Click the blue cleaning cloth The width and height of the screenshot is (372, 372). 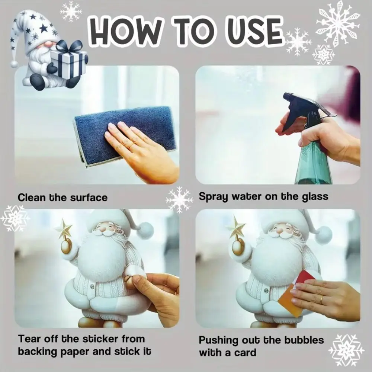point(125,136)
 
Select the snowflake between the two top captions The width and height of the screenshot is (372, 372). point(179,199)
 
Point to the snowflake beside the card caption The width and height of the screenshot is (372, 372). point(346,349)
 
